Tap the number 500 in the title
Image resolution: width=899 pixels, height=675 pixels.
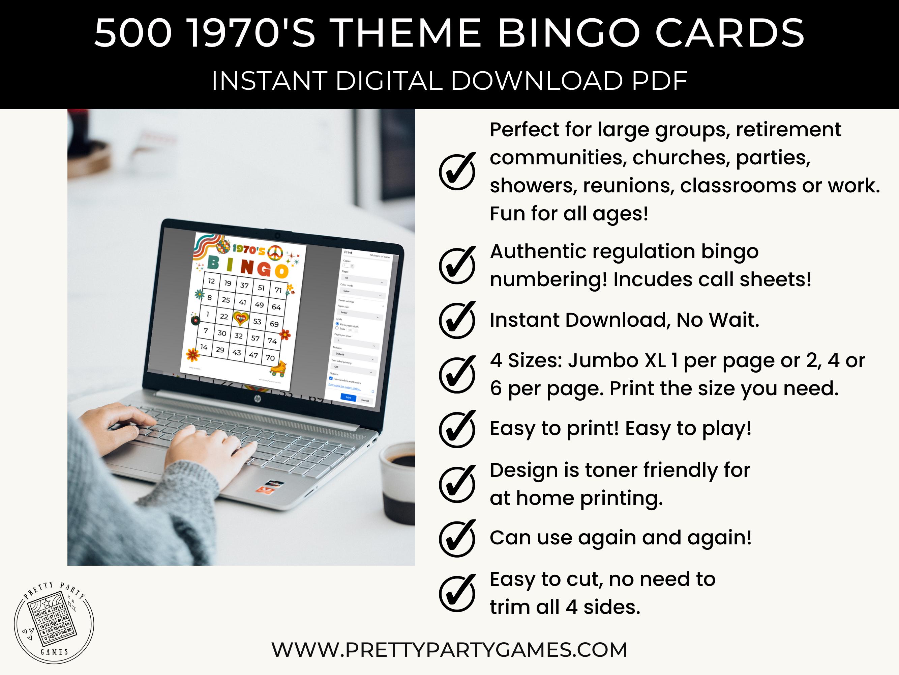[x=133, y=33]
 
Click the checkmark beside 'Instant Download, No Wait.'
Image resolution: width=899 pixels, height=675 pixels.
[x=457, y=320]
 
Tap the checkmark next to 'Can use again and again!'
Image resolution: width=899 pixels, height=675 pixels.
[x=457, y=538]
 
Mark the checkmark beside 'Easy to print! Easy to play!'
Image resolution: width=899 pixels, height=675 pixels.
[x=457, y=429]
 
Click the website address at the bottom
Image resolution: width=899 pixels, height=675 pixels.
[x=449, y=650]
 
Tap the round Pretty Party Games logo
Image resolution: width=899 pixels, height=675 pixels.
[x=54, y=622]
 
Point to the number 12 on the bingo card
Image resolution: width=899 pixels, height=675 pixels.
[x=211, y=281]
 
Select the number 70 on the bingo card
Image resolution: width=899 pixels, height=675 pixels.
[x=270, y=358]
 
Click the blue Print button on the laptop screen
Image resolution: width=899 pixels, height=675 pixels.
[x=348, y=397]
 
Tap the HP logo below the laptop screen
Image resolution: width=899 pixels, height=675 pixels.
[x=257, y=400]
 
